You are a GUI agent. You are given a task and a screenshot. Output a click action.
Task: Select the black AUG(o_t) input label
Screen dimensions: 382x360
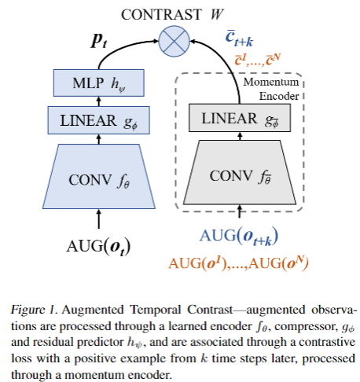click(x=97, y=244)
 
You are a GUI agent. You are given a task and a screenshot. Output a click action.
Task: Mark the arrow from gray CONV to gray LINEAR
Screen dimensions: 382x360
click(x=235, y=138)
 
